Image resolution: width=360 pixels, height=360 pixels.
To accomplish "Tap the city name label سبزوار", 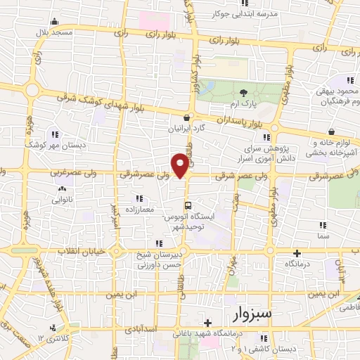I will coord(251,311).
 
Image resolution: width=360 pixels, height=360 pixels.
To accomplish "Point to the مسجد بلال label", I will coord(56,33).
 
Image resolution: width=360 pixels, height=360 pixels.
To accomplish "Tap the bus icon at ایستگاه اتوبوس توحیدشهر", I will coord(187,205).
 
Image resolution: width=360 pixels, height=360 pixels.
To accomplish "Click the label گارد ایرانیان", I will coord(186,129).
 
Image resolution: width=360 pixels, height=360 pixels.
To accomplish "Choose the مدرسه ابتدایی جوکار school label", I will coord(249,13).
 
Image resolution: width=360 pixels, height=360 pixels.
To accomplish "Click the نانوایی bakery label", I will coord(63,200).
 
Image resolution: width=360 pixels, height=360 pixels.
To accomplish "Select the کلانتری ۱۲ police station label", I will coord(51,339).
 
